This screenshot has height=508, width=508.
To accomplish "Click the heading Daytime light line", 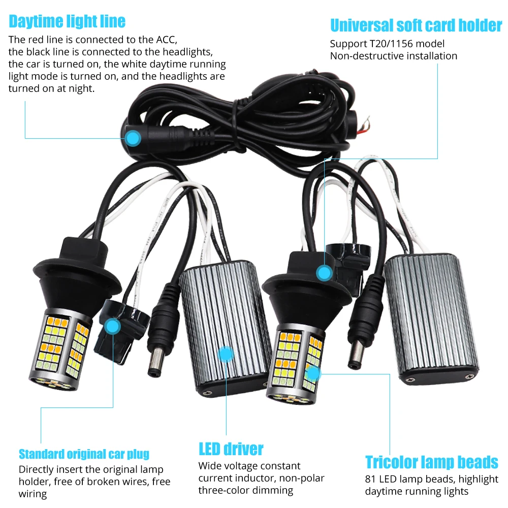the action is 67,21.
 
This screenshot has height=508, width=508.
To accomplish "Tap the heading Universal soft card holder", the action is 416,25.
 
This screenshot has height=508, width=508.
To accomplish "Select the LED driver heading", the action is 231,449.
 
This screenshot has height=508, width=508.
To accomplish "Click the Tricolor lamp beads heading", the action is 432,462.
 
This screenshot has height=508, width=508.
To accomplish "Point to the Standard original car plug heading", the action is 84,454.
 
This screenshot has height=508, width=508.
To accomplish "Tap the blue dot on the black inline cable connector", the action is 133,137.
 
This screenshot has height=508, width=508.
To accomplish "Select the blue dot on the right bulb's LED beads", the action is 314,374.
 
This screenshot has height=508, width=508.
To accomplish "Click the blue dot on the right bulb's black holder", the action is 323,273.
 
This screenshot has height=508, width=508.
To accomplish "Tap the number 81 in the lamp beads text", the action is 370,479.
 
